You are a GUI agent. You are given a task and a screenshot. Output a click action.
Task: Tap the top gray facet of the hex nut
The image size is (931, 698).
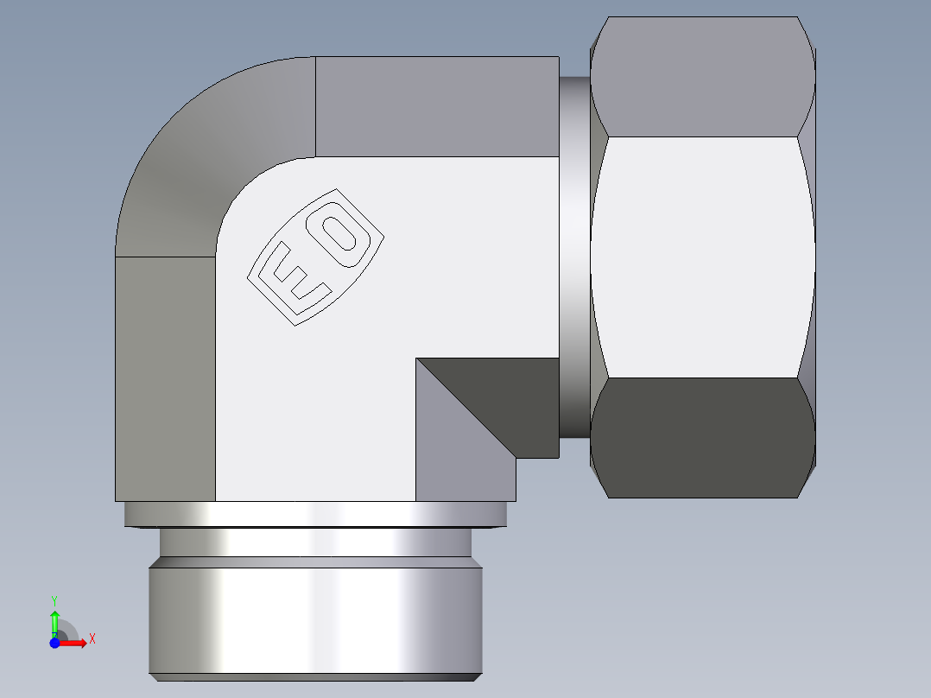(x=701, y=78)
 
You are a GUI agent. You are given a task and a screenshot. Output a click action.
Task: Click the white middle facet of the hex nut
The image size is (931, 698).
(x=701, y=257)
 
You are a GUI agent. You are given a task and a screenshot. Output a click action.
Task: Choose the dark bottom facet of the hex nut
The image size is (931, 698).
(x=701, y=438)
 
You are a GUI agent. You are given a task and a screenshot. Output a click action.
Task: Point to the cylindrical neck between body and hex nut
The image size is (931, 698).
(x=574, y=259)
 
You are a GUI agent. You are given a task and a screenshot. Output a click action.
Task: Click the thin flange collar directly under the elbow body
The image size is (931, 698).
(x=315, y=515)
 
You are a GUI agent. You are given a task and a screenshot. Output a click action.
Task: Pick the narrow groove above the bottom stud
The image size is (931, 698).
(x=315, y=542)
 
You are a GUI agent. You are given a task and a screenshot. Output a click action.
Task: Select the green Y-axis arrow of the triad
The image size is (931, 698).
(x=54, y=620)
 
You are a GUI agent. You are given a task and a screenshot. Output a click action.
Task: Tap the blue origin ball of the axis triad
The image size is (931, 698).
(x=54, y=643)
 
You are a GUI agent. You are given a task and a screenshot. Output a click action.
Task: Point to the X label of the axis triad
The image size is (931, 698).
(x=92, y=639)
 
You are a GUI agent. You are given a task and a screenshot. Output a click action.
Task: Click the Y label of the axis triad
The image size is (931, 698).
(x=54, y=600)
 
